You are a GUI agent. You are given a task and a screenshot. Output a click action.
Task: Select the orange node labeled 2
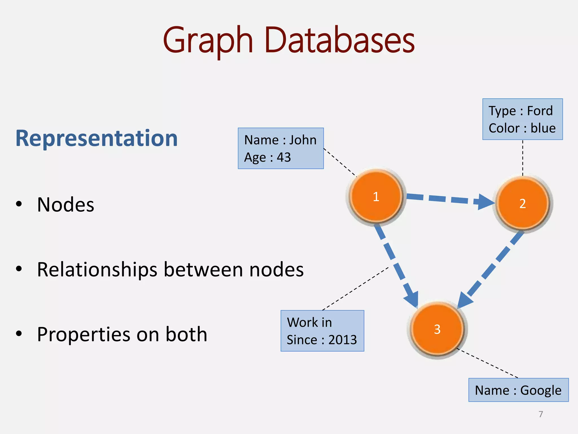(x=522, y=203)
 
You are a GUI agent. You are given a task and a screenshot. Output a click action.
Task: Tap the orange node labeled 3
(x=437, y=329)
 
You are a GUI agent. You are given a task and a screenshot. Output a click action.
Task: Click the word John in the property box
(x=303, y=140)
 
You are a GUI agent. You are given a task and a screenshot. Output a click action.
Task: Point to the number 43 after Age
(x=284, y=157)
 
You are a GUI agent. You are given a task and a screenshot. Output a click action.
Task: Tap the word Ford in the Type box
(x=540, y=111)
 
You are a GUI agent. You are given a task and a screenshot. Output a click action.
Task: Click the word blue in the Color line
(x=543, y=128)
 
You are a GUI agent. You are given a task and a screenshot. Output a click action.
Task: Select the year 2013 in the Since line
(x=342, y=340)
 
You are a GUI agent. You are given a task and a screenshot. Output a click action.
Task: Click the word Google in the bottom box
(x=540, y=390)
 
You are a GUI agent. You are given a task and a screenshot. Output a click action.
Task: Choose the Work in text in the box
(x=309, y=322)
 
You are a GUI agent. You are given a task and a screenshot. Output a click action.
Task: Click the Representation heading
(x=97, y=138)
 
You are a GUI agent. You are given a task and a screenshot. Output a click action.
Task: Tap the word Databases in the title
(x=340, y=40)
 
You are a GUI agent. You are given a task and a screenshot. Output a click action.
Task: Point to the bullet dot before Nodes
(x=19, y=204)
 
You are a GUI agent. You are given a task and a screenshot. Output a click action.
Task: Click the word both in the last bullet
(x=186, y=334)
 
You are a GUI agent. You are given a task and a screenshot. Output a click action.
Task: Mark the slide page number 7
(x=540, y=414)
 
